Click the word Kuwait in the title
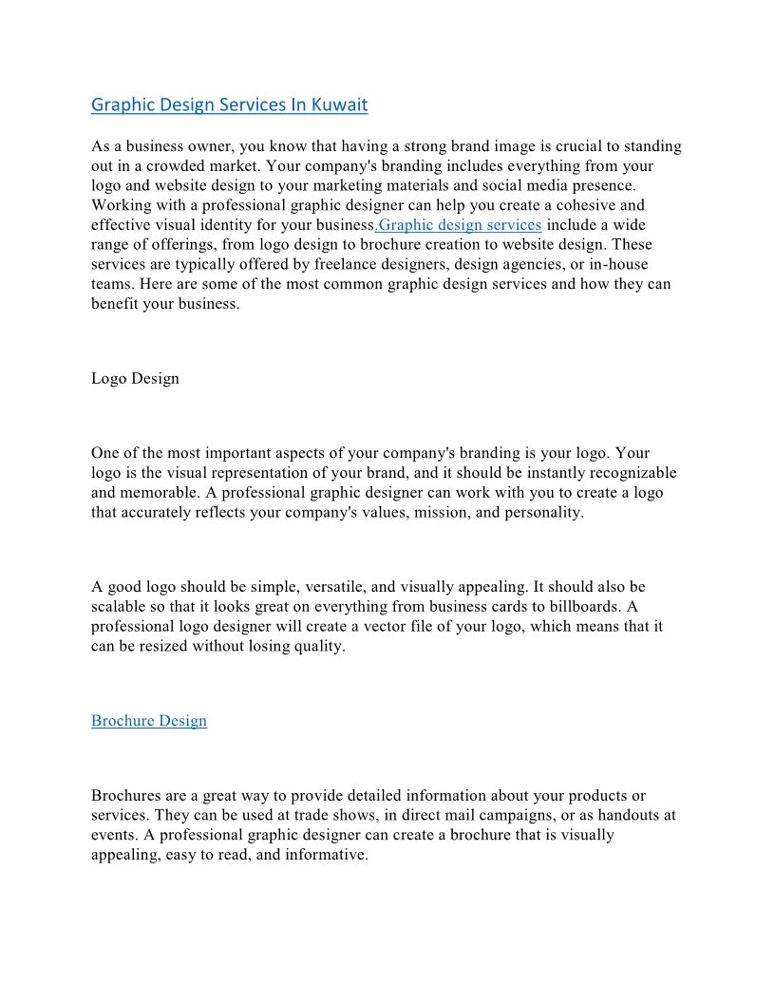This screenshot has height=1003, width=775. click(339, 105)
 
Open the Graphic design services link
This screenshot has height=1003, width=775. click(460, 225)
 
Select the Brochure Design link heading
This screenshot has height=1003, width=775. click(149, 721)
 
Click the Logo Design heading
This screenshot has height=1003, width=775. click(135, 379)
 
